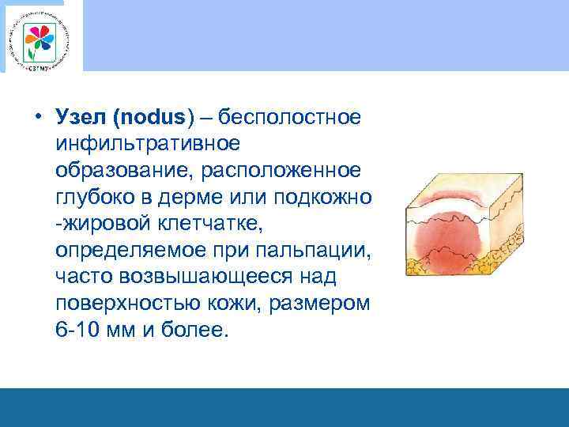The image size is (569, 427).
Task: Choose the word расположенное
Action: tap(284, 171)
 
